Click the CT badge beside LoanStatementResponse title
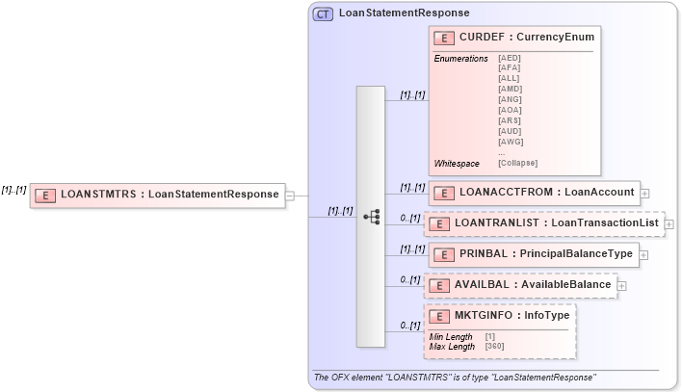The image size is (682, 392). tap(324, 13)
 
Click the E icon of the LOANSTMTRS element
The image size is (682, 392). tap(44, 195)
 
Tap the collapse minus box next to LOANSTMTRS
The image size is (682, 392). tap(290, 195)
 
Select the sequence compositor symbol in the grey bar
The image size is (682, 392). tap(371, 217)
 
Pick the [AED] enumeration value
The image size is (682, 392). tap(509, 59)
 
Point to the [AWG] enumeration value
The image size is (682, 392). tap(510, 142)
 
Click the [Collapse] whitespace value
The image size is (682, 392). tap(517, 163)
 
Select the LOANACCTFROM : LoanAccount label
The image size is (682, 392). tap(546, 193)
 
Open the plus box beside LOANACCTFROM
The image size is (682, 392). tap(644, 194)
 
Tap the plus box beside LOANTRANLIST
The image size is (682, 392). tap(669, 224)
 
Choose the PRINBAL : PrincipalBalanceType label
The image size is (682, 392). tap(545, 254)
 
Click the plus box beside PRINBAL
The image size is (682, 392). tap(643, 255)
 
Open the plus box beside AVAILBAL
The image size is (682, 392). tap(621, 285)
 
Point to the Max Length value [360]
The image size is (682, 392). tap(494, 346)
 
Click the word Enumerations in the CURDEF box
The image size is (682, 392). tap(460, 59)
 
